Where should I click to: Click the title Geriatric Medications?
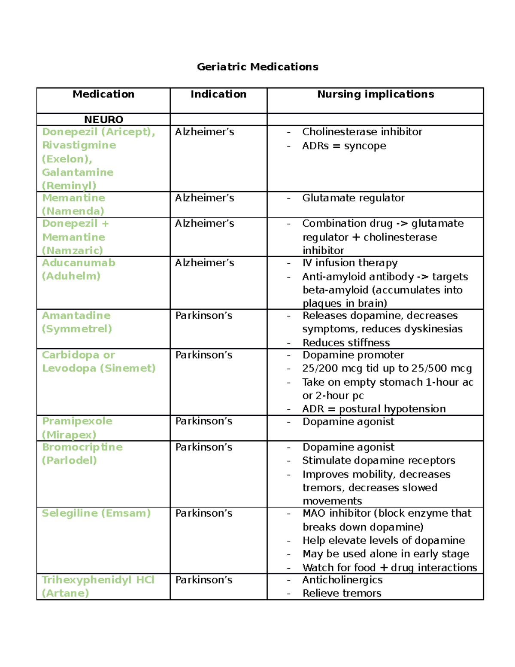257,67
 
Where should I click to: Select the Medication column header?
103,94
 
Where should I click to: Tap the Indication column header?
218,94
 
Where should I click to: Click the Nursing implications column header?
376,94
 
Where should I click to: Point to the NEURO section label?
103,119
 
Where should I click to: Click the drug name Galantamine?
78,172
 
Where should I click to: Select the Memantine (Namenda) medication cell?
73,204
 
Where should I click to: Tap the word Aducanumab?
79,263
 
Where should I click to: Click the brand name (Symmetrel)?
77,329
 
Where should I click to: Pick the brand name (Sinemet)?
128,369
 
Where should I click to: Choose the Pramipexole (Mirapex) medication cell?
77,428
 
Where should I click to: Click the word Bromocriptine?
82,447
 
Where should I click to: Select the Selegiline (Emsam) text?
96,513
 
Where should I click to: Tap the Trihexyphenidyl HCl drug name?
98,580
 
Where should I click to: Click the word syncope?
365,146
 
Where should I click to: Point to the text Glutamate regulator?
353,198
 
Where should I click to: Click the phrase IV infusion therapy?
350,263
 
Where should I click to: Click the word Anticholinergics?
342,580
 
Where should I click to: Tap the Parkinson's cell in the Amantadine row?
204,316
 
